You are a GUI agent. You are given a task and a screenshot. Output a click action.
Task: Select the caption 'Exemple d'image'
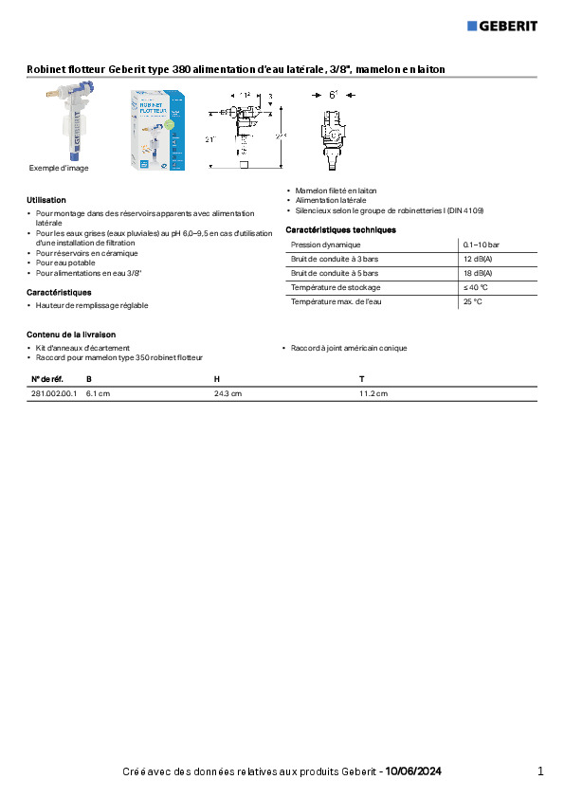point(58,168)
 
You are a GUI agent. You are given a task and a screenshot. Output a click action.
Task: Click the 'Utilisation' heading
point(46,200)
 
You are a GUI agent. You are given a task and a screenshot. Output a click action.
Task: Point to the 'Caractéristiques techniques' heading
point(340,230)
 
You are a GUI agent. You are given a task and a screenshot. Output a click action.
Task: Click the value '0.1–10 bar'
point(481,245)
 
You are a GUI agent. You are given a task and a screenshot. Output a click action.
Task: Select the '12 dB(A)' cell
point(477,259)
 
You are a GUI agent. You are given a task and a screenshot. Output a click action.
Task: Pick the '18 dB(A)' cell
point(477,273)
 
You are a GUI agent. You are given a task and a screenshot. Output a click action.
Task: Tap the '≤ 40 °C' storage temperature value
point(475,287)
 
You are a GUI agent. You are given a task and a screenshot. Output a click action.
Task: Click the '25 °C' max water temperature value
point(472,301)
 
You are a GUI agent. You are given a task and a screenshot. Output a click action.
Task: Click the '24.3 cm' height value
point(228,393)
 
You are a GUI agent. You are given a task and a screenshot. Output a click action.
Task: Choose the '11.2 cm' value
point(373,393)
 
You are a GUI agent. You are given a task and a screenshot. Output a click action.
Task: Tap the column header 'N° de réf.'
point(46,379)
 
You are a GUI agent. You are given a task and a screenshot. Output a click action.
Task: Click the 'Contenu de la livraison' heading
point(71,335)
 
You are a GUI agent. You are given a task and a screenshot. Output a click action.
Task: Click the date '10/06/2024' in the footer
point(413,771)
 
